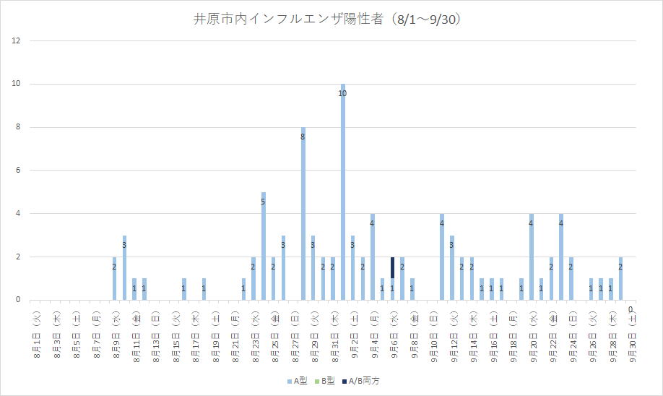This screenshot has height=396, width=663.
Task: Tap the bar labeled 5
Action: [x=264, y=246]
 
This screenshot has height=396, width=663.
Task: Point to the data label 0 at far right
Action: [x=630, y=309]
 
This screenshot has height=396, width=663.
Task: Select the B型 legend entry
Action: [x=328, y=380]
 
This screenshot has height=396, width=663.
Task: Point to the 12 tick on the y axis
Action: [x=15, y=41]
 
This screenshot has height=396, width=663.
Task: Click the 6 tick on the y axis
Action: [x=17, y=171]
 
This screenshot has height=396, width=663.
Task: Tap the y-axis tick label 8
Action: [x=17, y=127]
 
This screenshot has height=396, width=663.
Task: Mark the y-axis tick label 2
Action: [x=17, y=257]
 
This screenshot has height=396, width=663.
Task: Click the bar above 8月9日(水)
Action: [x=114, y=278]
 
